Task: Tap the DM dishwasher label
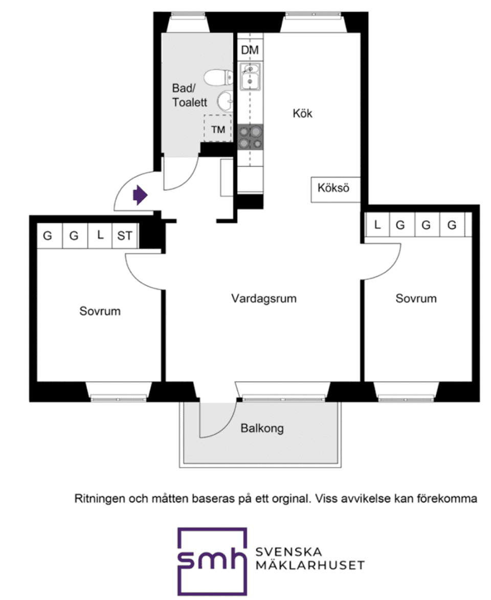coord(250,50)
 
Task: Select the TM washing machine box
coord(218,129)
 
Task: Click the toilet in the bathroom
coord(215,78)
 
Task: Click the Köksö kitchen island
coord(333,188)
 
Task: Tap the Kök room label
coord(302,113)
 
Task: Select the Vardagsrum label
coord(263,298)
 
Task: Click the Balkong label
coord(262,428)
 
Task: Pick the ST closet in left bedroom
coord(124,236)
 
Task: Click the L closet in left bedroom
coord(100,236)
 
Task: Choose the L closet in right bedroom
coord(377,225)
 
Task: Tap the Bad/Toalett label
coord(189,95)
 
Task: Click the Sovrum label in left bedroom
coord(100,311)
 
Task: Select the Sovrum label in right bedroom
coord(416,298)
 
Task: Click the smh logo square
coord(212,561)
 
